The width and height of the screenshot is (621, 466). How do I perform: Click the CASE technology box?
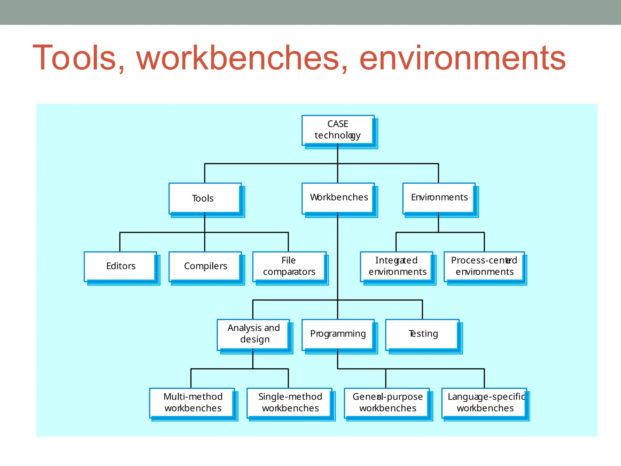[x=338, y=130]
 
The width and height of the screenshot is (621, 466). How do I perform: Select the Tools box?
[x=205, y=198]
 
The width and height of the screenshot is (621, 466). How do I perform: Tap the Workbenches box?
[x=338, y=198]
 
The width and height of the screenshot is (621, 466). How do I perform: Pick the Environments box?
[x=439, y=198]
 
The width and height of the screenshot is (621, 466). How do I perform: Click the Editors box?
[x=120, y=266]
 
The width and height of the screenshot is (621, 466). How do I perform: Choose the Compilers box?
[x=205, y=266]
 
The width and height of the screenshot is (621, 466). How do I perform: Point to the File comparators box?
[x=289, y=266]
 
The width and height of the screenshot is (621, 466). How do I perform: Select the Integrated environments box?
[x=396, y=266]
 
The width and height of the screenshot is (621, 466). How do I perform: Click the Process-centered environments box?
[x=484, y=266]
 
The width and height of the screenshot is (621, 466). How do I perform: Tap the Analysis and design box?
[x=253, y=334]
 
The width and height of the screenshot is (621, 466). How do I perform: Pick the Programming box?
[x=338, y=334]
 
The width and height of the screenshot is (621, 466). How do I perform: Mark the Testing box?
[x=422, y=334]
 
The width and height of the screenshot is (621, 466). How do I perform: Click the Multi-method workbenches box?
[x=192, y=403]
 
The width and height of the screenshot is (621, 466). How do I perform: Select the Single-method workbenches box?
[x=289, y=403]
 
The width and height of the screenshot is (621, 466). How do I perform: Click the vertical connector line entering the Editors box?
[x=120, y=242]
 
